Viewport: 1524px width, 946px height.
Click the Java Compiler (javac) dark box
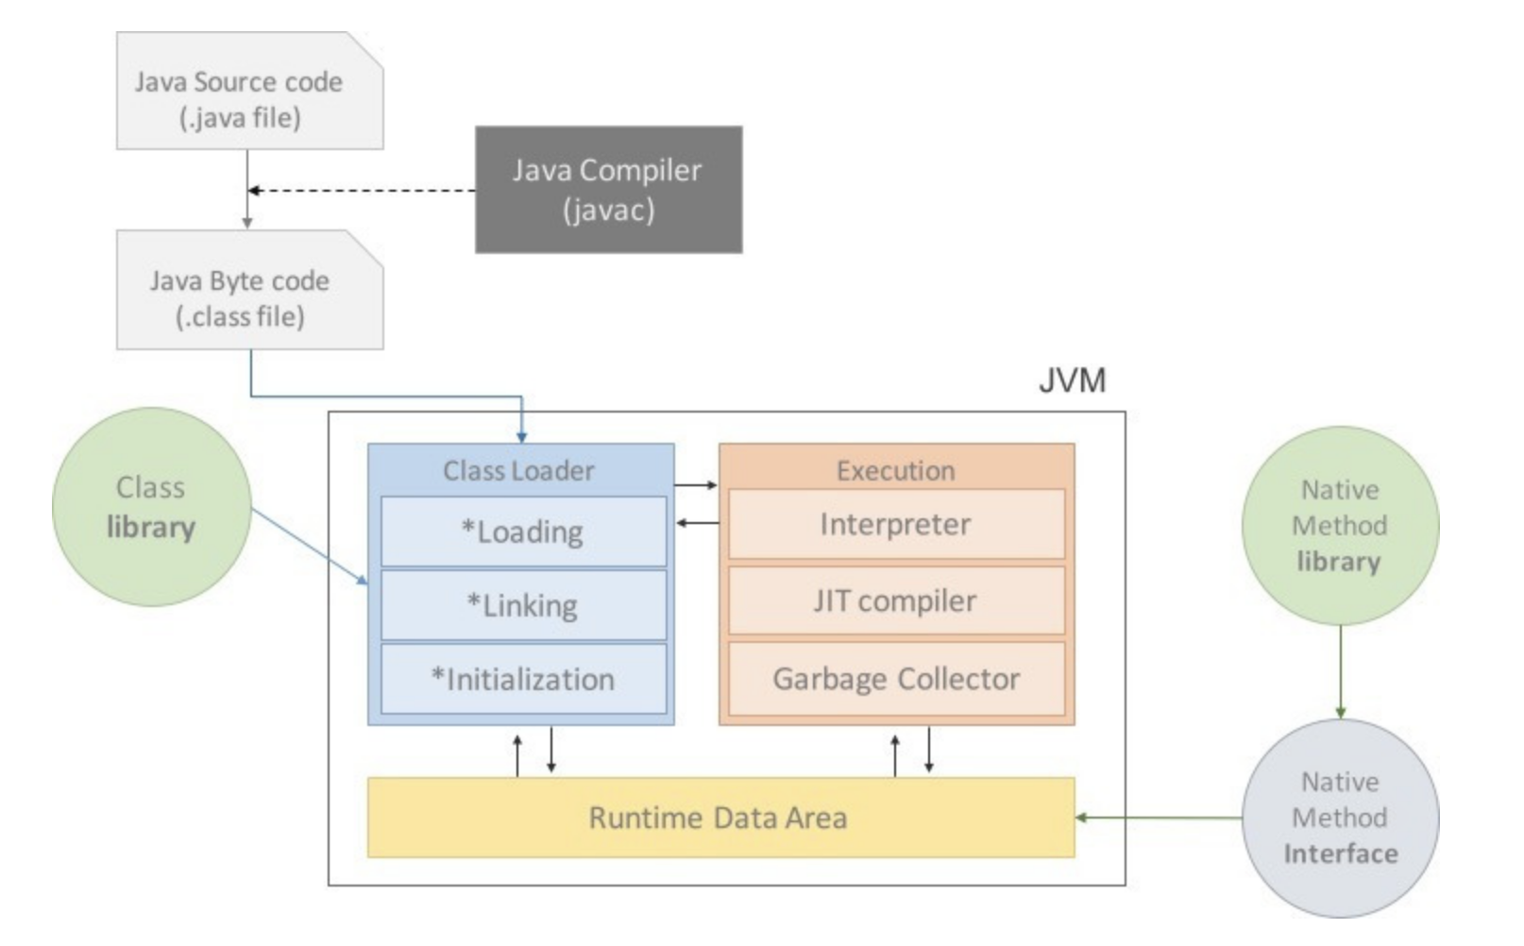pos(608,189)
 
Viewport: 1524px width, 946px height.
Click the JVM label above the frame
pos(1072,380)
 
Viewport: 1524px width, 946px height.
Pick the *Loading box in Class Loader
pos(523,532)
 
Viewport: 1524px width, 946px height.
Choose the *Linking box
pos(523,605)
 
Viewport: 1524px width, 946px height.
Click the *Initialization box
pos(523,679)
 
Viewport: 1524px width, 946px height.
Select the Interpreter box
pos(895,524)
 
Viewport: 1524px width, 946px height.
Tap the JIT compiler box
pos(895,600)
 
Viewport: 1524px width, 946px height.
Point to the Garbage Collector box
pos(895,679)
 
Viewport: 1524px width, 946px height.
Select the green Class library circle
pos(151,507)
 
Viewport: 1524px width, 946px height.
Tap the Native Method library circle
pos(1340,526)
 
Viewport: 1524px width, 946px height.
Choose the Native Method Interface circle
pos(1340,818)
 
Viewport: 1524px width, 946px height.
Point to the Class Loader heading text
pos(519,470)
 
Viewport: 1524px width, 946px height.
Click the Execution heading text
pos(895,470)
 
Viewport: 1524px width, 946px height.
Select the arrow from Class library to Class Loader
pos(309,547)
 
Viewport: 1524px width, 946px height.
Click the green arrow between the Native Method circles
pos(1340,671)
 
